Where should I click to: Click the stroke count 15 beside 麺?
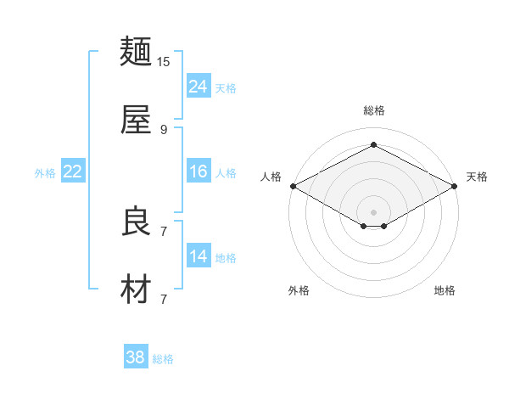tap(164, 62)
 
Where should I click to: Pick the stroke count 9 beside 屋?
tap(164, 129)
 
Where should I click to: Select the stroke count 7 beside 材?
tap(164, 299)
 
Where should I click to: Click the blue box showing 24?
tap(199, 86)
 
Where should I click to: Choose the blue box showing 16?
tap(199, 171)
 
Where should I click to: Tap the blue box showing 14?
tap(199, 256)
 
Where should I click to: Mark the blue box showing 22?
tap(73, 171)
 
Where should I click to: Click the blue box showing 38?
tap(136, 357)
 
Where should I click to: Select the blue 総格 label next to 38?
tap(163, 359)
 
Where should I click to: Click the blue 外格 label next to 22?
tap(45, 173)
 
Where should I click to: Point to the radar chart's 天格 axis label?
tap(477, 177)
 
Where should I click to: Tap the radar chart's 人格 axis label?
tap(271, 177)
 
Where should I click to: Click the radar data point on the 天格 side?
tap(455, 186)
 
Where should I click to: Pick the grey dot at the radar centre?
tap(373, 211)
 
